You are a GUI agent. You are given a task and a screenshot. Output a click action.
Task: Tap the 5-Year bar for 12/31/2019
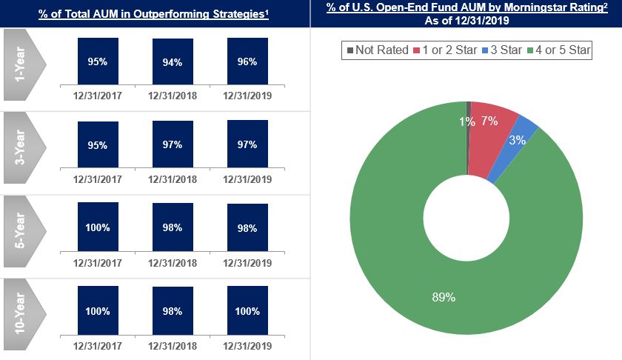point(247,227)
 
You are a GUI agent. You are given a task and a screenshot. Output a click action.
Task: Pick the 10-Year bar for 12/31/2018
point(173,311)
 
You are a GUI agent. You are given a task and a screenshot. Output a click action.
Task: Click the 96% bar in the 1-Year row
point(247,61)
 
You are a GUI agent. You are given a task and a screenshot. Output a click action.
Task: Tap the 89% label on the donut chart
point(444,297)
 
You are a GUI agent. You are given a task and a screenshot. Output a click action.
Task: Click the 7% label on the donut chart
point(489,121)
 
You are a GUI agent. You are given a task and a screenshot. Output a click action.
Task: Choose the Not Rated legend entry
point(378,50)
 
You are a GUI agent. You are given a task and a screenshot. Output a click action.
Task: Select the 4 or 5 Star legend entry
point(557,50)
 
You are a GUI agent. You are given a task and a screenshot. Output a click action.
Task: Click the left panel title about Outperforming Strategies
point(154,13)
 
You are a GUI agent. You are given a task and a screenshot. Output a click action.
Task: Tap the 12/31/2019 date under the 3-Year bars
point(247,179)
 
